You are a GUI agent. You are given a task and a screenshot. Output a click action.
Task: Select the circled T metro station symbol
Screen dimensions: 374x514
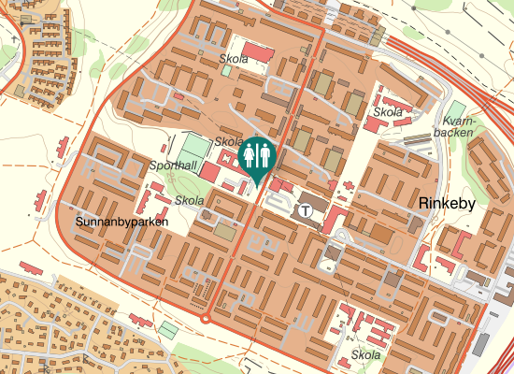(306, 209)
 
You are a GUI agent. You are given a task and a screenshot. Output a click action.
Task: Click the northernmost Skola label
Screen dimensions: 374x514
(234, 59)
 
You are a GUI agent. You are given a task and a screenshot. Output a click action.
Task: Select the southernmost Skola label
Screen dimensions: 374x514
(366, 355)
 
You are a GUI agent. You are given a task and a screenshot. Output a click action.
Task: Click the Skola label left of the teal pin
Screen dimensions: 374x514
(229, 141)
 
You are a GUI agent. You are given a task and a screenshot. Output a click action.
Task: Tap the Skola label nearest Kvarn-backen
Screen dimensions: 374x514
(388, 112)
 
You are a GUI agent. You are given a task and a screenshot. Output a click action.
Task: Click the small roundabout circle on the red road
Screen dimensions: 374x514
(206, 319)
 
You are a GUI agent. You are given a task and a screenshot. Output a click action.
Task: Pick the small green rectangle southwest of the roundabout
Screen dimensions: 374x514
(167, 330)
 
